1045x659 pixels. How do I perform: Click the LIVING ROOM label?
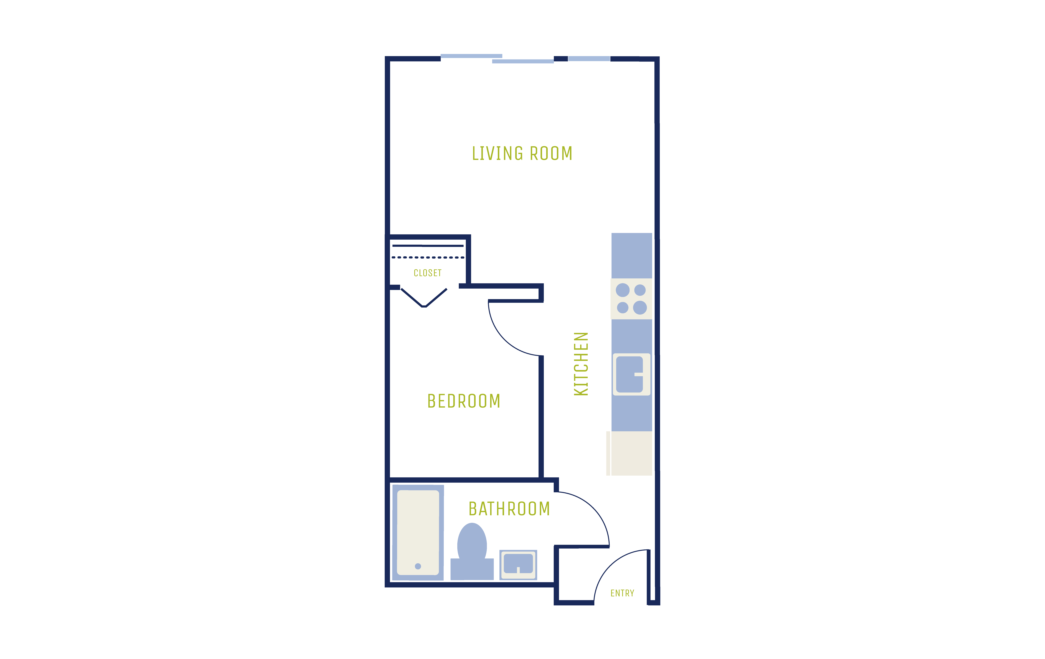(522, 153)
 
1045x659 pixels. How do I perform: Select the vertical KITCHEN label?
(581, 364)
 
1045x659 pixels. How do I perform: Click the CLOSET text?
(427, 273)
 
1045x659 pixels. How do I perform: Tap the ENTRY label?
(622, 593)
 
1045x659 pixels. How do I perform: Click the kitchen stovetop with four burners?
(631, 299)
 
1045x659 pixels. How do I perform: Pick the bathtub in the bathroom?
(418, 533)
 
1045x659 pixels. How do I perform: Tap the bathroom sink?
(518, 565)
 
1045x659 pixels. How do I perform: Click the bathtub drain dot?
(418, 566)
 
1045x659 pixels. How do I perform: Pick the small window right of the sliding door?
(589, 59)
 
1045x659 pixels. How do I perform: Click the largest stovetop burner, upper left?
(623, 290)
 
